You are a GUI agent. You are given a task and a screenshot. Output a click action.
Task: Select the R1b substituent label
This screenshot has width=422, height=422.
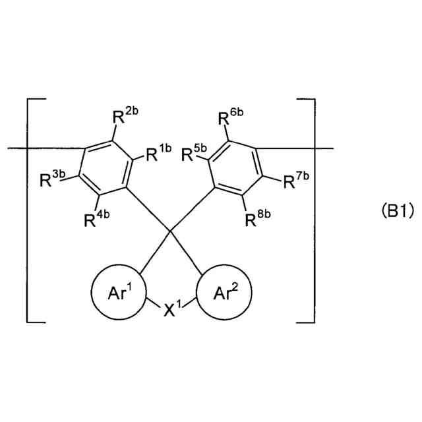click(x=158, y=155)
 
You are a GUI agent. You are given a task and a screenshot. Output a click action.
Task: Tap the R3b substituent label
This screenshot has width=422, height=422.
click(x=52, y=179)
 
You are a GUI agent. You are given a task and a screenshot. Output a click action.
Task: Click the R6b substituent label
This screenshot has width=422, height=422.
click(x=231, y=118)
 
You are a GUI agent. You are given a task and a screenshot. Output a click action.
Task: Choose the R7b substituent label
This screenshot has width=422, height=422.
click(x=295, y=179)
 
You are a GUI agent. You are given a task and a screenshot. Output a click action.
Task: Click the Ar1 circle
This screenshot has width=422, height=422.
click(x=118, y=291)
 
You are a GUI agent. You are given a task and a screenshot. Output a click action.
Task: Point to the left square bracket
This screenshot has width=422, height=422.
click(x=30, y=211)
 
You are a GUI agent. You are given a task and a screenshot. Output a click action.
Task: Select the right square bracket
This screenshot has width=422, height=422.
click(x=311, y=211)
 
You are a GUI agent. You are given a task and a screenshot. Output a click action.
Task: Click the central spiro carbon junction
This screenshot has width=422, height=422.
click(x=170, y=231)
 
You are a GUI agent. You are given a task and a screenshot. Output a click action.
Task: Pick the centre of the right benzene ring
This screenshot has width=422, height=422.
click(x=237, y=168)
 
